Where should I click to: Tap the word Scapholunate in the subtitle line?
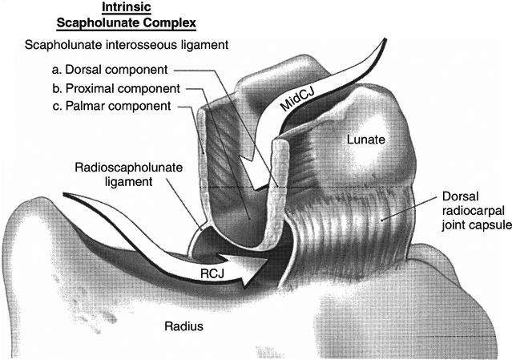62,46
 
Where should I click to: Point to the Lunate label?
367,140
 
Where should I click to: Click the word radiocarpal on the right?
471,212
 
